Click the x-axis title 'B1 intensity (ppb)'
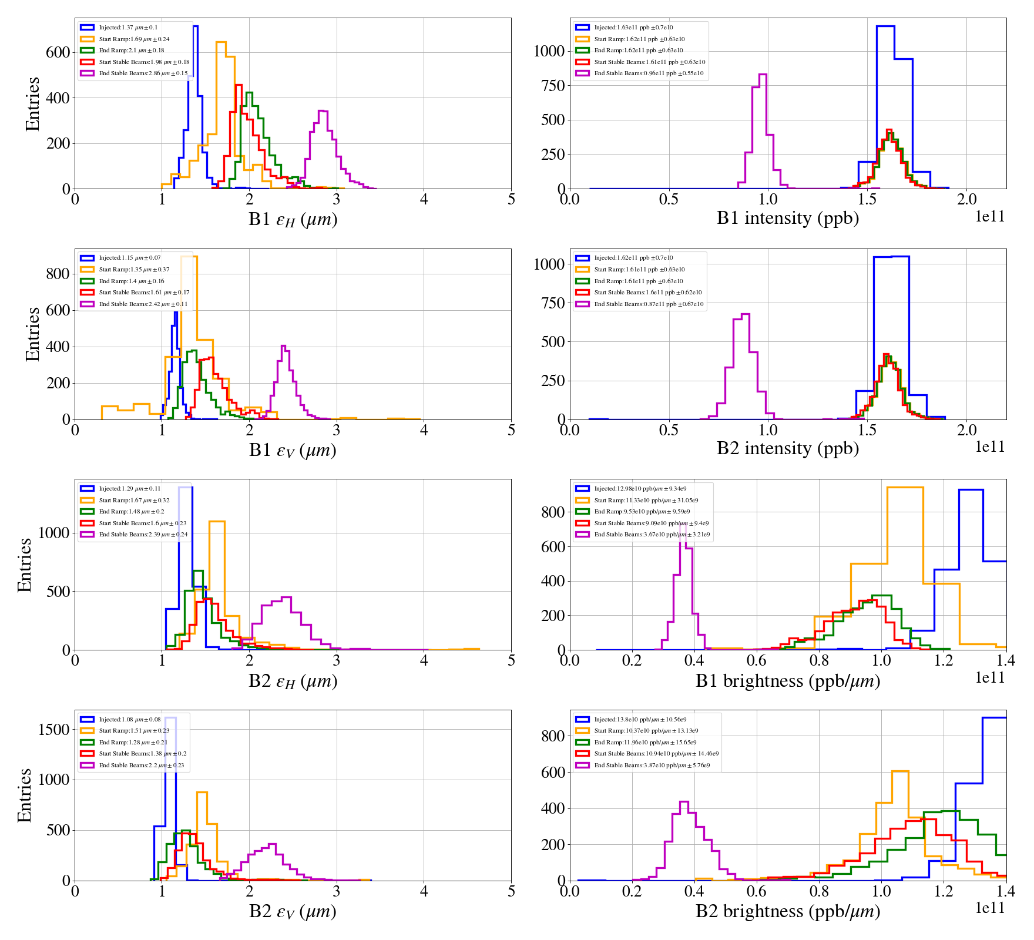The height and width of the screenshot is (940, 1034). point(787,219)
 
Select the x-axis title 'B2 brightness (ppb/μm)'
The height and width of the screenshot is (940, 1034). point(787,911)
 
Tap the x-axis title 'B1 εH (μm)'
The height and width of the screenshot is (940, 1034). point(293,219)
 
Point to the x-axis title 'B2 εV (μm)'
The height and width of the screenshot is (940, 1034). point(293,911)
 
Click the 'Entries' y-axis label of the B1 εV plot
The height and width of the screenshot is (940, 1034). point(32,334)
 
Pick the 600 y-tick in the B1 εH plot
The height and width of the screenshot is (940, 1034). point(58,52)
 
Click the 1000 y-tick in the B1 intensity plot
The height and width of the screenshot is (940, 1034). point(549,51)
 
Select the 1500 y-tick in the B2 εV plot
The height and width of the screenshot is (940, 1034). point(54,729)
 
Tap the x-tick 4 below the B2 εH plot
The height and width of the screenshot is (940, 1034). point(424,660)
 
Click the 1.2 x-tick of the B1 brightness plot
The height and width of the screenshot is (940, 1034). point(944,660)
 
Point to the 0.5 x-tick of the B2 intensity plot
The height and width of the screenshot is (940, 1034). point(669,430)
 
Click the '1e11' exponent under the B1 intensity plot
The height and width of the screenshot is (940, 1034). point(990,217)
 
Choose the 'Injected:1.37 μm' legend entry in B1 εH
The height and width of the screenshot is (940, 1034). point(128,28)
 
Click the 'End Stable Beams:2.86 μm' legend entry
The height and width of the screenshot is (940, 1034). point(143,73)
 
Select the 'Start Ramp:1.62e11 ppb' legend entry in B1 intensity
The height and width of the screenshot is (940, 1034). point(639,39)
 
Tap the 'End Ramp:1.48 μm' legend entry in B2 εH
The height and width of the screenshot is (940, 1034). point(131,512)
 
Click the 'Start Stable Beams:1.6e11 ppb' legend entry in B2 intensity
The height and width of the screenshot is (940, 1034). point(647,293)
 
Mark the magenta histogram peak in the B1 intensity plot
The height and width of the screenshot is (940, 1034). point(763,75)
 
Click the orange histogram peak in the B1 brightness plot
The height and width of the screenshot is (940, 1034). point(905,488)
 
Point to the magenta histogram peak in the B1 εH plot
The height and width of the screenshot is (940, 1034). point(322,111)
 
